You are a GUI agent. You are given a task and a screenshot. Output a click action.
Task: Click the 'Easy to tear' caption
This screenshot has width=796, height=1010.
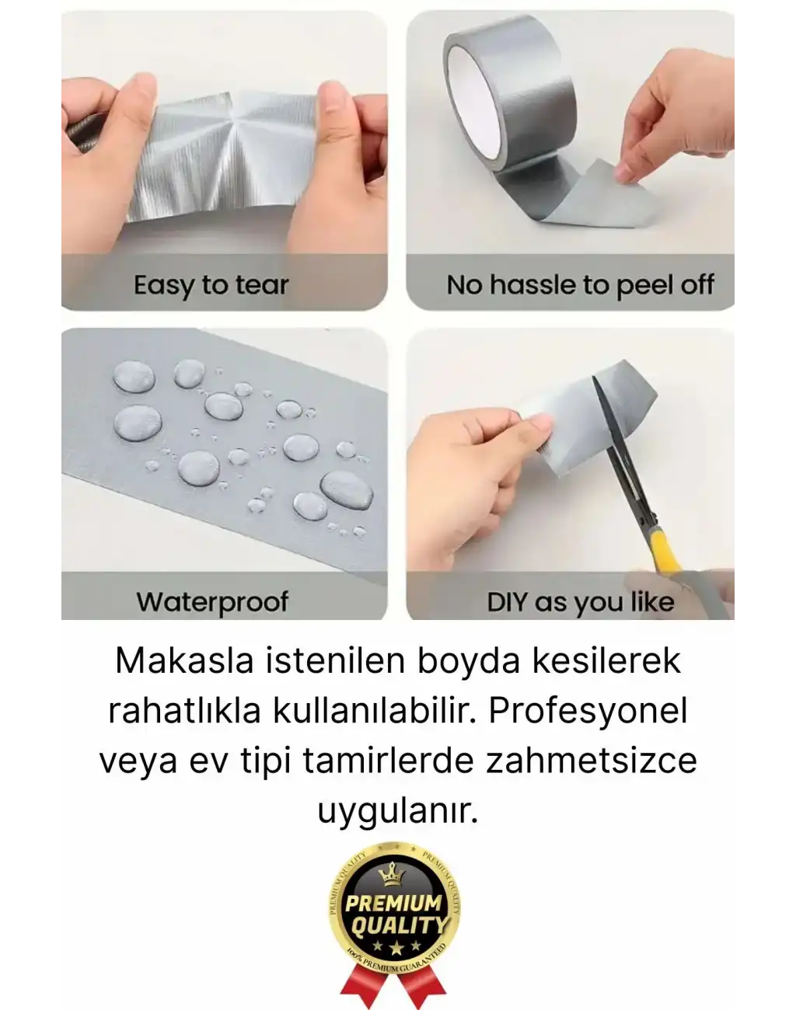pos(211,285)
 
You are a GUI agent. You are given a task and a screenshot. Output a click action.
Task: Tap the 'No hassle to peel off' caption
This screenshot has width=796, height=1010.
pos(580,285)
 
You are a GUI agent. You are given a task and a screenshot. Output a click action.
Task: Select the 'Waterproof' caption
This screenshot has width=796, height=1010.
pos(212,601)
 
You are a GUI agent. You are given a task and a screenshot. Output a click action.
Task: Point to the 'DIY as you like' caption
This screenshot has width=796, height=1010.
pos(580,601)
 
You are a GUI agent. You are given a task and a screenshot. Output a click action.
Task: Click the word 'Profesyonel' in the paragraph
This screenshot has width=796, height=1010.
pos(588,711)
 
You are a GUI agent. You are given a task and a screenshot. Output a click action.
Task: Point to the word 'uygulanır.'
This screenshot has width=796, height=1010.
pos(397,811)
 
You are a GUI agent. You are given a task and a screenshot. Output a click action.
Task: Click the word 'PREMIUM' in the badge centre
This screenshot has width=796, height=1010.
pos(393,904)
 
